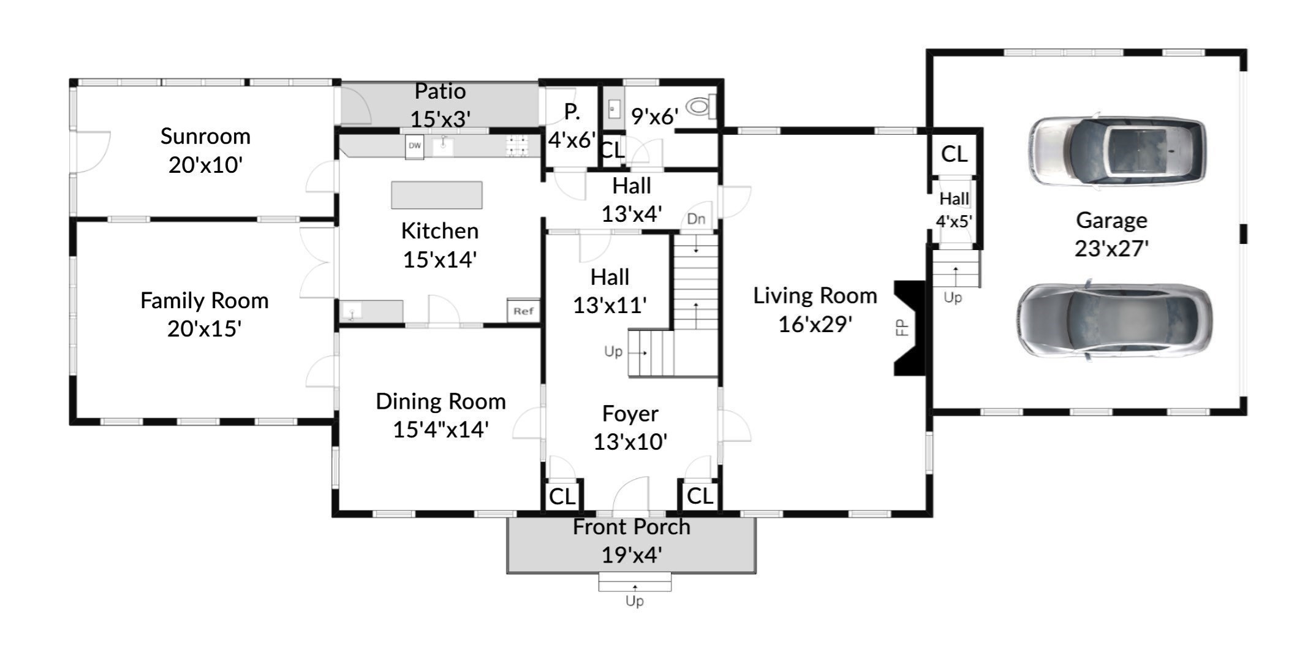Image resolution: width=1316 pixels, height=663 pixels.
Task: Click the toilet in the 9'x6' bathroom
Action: (x=700, y=107)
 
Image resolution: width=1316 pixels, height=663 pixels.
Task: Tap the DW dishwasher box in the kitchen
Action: (x=415, y=146)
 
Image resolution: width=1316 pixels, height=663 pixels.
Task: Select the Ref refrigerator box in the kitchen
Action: (x=523, y=311)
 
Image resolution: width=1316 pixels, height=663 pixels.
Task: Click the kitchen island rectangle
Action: (x=437, y=195)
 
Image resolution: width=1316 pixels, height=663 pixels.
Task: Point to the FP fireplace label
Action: (x=902, y=327)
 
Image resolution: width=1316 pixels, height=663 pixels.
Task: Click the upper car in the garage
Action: (x=1116, y=151)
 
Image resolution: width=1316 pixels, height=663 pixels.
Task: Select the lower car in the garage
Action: (x=1114, y=320)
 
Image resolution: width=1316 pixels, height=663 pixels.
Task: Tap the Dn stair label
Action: (x=696, y=219)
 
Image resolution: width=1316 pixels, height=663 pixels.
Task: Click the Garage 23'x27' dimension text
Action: (x=1111, y=248)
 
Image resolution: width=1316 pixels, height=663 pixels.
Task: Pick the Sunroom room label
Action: (x=205, y=136)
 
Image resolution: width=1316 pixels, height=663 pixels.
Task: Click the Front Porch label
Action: (x=631, y=527)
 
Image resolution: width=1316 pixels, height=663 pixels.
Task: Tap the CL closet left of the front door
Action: (x=562, y=496)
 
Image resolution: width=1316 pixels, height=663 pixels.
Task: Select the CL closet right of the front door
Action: (x=700, y=496)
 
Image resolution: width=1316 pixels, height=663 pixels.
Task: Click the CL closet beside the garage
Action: (x=954, y=154)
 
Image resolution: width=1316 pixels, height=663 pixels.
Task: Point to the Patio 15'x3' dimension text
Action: (x=440, y=119)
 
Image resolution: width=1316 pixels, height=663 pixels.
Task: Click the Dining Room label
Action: (x=441, y=401)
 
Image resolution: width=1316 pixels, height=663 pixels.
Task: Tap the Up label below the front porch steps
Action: (x=634, y=601)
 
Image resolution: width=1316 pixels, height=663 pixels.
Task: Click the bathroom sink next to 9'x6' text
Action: (x=614, y=110)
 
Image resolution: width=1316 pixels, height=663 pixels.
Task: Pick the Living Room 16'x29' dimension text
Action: (x=815, y=324)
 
